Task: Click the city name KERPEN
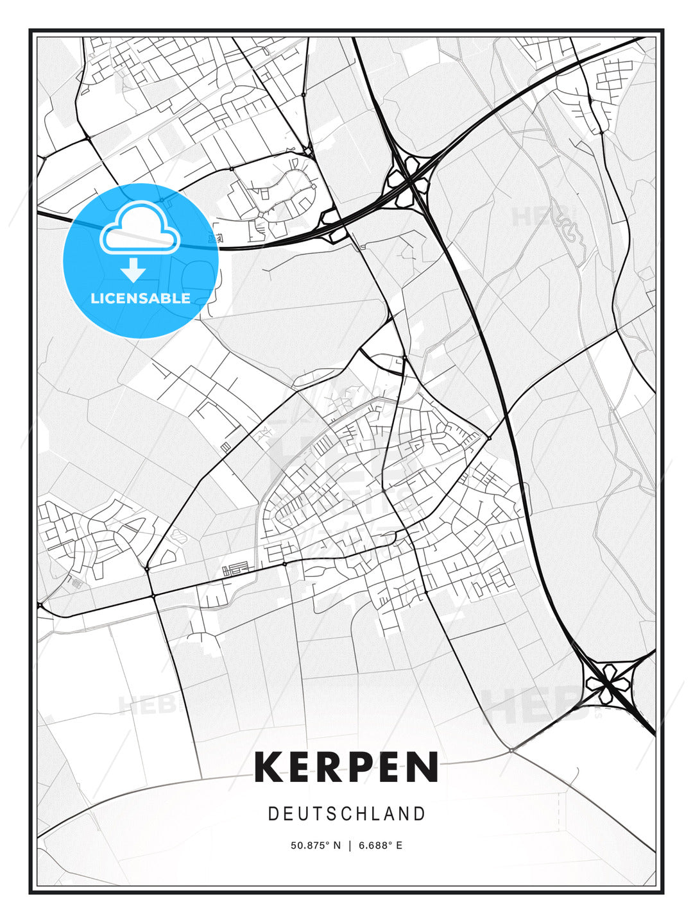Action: tap(346, 767)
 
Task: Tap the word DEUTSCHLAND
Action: tap(346, 814)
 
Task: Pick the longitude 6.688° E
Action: tap(381, 845)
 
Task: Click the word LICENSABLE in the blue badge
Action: tap(141, 298)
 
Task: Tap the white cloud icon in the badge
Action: tap(139, 228)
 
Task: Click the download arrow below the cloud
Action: tap(133, 270)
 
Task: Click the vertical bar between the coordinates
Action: tap(350, 845)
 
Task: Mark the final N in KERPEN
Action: tap(424, 767)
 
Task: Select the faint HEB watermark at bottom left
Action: tap(146, 705)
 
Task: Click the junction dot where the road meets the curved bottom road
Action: tap(511, 749)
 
